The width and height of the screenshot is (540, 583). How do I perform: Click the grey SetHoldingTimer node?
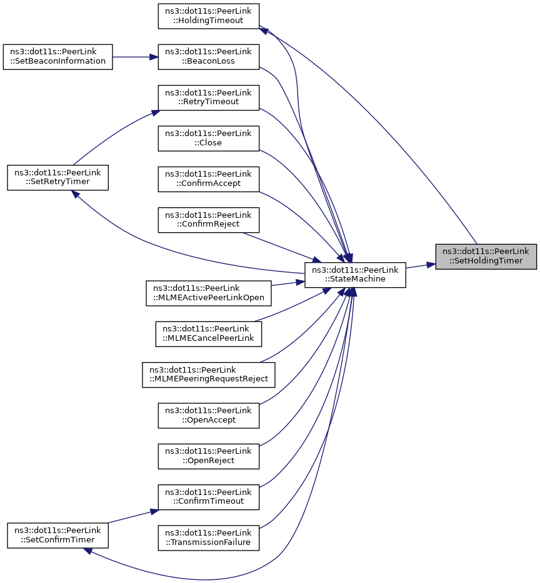pos(486,257)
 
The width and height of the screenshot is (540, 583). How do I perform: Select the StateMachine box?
pos(355,275)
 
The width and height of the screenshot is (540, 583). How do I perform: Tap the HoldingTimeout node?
pos(209,16)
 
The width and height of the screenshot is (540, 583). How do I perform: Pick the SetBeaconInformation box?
pos(57,57)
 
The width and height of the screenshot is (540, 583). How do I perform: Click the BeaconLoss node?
pos(209,57)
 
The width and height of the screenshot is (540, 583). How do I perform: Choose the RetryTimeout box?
pos(209,98)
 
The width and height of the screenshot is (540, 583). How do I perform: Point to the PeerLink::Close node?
pos(209,139)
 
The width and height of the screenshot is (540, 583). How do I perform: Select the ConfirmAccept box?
pos(209,179)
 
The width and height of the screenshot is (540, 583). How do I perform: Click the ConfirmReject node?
pos(209,220)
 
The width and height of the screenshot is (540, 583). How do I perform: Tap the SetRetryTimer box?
pos(57,178)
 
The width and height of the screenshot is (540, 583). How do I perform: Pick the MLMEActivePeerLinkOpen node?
pos(209,293)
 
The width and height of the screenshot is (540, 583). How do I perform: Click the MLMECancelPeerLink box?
pos(209,334)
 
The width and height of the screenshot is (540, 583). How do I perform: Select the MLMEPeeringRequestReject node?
pos(209,375)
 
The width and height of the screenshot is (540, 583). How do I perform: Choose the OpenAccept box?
pos(209,416)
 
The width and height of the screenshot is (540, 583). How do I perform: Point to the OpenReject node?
pos(209,456)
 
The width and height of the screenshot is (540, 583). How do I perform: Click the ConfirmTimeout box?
pos(209,497)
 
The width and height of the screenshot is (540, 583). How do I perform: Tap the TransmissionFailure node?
pos(209,538)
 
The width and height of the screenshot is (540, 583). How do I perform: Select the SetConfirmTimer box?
pos(57,536)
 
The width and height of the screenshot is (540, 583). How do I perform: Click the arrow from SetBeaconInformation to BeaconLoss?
pos(135,57)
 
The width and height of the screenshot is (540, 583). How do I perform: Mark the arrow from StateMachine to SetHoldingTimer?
pos(421,266)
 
